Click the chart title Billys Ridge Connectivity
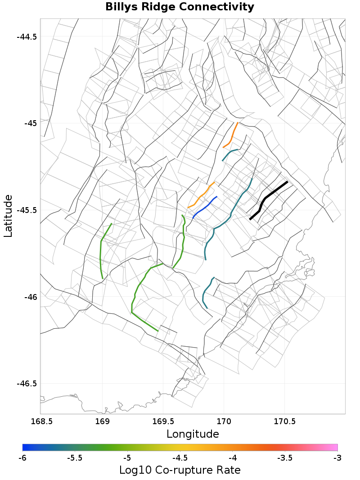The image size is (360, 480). [180, 7]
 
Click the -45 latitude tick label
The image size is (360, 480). [29, 123]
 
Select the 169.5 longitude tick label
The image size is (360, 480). [163, 421]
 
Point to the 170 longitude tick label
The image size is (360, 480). [224, 421]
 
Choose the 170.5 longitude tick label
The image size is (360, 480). [285, 421]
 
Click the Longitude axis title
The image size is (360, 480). [193, 434]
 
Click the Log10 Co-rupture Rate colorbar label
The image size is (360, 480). [180, 470]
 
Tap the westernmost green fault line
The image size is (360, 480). [101, 252]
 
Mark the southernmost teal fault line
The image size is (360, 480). [205, 293]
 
